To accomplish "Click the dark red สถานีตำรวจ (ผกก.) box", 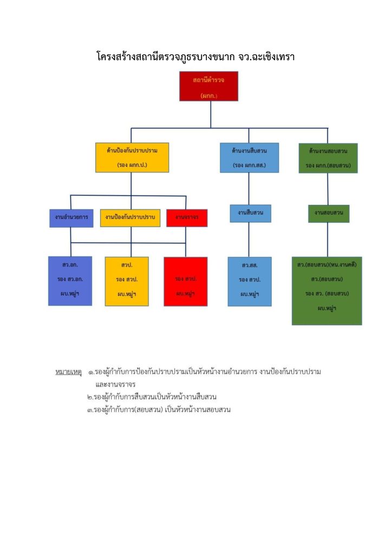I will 208,86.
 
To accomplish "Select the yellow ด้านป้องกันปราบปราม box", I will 132,157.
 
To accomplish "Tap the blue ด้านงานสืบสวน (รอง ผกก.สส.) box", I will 249,157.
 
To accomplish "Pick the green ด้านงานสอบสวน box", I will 328,158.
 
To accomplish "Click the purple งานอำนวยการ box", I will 70,217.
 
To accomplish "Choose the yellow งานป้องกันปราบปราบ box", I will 130,217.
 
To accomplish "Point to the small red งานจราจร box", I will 187,218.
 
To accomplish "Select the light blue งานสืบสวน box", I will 250,213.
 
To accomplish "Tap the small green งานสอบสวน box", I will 329,214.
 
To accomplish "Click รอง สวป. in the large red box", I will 185,279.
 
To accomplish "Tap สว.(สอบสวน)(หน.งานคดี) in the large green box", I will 326,265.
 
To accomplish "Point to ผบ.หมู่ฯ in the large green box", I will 326,308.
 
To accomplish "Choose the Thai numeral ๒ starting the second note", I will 90,397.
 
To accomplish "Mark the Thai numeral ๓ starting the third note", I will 90,409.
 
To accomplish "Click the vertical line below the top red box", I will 211,114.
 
